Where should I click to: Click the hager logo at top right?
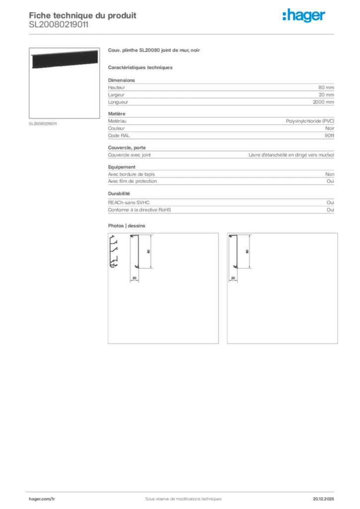(303, 16)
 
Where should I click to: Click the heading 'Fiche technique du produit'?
(83, 15)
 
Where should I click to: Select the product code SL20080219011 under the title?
(59, 24)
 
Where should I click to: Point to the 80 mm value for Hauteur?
(326, 87)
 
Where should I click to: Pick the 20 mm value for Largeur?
(326, 94)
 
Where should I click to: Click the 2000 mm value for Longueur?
(323, 102)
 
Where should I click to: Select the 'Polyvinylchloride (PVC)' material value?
(310, 121)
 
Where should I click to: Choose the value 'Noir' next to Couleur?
(329, 128)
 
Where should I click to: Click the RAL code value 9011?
(329, 135)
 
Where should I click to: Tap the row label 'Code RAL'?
(119, 135)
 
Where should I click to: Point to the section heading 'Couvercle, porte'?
(127, 148)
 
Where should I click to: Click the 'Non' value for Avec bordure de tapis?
(330, 174)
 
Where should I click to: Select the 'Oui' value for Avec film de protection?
(330, 181)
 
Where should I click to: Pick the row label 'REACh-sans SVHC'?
(129, 203)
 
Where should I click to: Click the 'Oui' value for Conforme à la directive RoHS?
(330, 210)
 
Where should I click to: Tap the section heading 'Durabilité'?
(119, 194)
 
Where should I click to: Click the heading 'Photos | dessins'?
(127, 226)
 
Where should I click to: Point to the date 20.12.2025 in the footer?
(324, 499)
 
